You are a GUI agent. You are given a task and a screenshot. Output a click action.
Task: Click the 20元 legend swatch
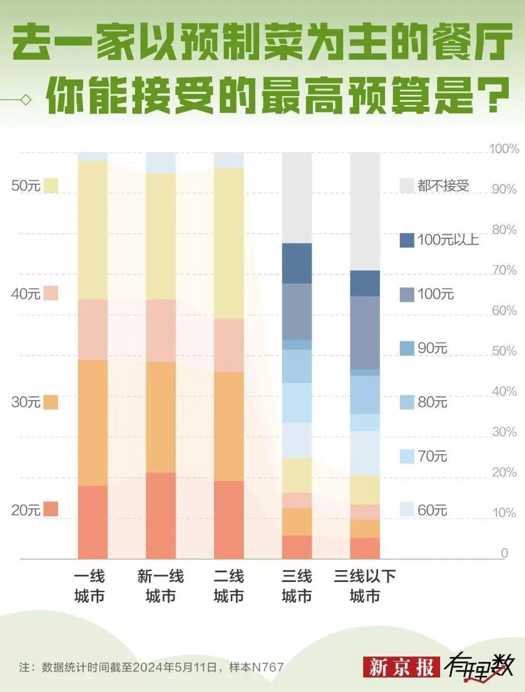point(51,509)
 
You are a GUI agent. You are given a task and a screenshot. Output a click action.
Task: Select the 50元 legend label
point(26,186)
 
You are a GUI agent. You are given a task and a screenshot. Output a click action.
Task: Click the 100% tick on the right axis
point(504,149)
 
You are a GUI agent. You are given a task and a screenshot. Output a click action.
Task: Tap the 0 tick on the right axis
point(504,553)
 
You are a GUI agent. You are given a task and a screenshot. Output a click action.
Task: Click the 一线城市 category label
point(89,586)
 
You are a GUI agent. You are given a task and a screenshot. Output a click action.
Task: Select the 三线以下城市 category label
point(365,586)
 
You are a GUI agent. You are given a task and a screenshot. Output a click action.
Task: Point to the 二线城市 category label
point(229,586)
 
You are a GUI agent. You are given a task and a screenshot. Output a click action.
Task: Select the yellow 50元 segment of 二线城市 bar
point(229,243)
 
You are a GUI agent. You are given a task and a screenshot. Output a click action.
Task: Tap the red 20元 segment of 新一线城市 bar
point(161,515)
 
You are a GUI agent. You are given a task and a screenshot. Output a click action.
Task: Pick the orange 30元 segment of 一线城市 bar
point(93,422)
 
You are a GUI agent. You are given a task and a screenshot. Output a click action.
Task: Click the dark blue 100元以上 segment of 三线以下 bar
point(365,283)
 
